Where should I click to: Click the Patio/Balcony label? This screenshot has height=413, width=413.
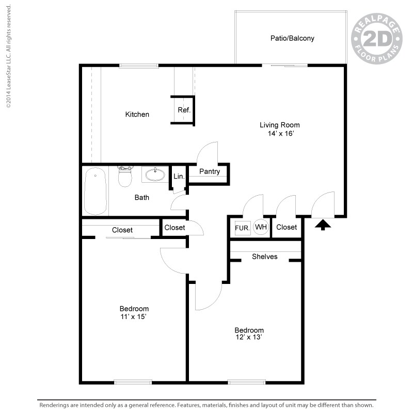point(292,38)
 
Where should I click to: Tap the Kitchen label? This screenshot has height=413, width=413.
point(137,114)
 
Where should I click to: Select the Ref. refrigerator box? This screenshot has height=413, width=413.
point(184,110)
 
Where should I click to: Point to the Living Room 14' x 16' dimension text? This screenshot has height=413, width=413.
point(280,134)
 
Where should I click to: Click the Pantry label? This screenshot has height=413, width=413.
point(209,172)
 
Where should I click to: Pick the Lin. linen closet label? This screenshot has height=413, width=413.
point(179,177)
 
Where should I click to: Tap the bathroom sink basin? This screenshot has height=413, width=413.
point(155,174)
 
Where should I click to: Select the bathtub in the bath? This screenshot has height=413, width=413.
point(96,192)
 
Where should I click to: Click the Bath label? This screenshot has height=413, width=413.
point(142,197)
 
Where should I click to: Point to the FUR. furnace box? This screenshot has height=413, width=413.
point(242,227)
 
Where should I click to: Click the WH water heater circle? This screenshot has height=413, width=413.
point(261,227)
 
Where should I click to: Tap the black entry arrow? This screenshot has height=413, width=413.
point(323,224)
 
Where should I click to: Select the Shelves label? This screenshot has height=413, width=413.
point(265,257)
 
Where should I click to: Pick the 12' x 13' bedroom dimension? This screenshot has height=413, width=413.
point(249,338)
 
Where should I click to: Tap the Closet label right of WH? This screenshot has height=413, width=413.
point(287,227)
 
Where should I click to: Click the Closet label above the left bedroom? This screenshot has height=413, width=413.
point(122,230)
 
